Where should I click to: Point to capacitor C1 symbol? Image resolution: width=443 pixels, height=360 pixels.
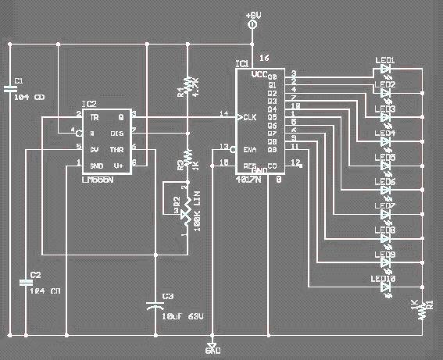coord(10,89)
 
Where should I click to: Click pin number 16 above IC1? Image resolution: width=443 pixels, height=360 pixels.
coord(263,59)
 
